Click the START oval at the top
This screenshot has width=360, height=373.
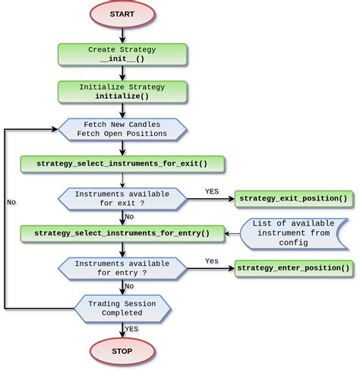(x=122, y=14)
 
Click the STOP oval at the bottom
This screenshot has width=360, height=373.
(x=122, y=351)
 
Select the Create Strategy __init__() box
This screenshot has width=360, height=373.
(x=122, y=54)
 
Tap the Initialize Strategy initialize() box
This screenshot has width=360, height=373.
(x=122, y=92)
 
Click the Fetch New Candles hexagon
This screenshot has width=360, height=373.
(x=122, y=129)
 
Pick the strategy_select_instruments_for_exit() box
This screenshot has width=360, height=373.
(x=122, y=163)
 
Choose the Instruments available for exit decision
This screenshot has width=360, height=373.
(x=122, y=199)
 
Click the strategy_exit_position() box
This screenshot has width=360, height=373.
(x=293, y=199)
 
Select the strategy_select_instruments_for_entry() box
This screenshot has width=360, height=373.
(x=122, y=233)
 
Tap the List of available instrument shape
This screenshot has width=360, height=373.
(x=293, y=233)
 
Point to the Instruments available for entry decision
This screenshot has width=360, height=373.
(x=122, y=267)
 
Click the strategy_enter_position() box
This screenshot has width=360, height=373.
(x=293, y=267)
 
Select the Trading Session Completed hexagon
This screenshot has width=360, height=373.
(x=122, y=308)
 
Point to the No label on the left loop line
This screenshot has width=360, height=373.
(x=11, y=203)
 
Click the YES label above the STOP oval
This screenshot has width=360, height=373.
(x=132, y=329)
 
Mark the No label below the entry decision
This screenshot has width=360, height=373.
(x=131, y=286)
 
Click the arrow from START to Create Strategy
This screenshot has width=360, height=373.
(x=122, y=35)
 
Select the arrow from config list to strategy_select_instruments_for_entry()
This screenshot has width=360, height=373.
(x=232, y=233)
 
